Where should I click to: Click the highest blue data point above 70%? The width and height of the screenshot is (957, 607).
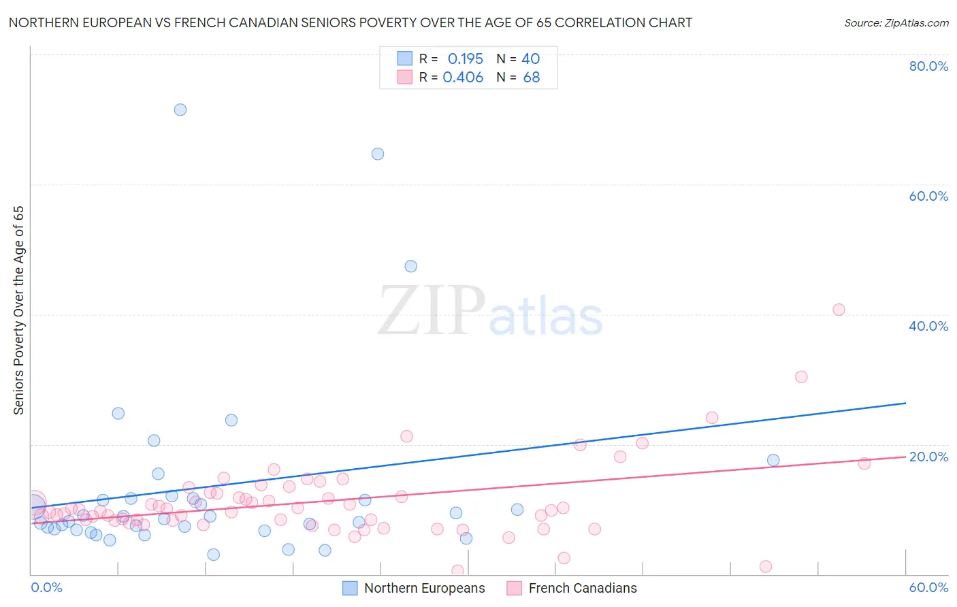(x=180, y=110)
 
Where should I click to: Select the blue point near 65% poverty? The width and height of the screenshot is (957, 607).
(x=378, y=154)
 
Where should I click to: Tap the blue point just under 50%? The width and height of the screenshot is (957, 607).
(x=411, y=266)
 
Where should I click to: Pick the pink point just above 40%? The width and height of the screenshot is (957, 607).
(x=839, y=310)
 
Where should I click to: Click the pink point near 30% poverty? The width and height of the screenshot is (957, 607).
(x=801, y=377)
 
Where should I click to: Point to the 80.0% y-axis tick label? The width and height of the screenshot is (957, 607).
(x=928, y=66)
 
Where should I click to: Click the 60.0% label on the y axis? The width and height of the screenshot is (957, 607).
(x=928, y=196)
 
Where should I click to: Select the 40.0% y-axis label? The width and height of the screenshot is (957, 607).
(x=928, y=326)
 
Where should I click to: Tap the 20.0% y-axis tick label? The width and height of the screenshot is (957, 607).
(x=928, y=457)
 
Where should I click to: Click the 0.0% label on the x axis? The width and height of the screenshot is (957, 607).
(x=46, y=587)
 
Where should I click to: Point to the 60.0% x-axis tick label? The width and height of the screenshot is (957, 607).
(x=928, y=587)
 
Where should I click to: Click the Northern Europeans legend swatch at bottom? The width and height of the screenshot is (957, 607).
(x=350, y=588)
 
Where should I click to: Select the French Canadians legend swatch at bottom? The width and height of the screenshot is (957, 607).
(x=515, y=588)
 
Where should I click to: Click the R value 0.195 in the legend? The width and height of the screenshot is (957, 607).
(x=466, y=59)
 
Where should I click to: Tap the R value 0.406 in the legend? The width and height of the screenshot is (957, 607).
(x=463, y=78)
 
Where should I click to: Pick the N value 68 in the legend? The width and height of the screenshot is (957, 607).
(x=532, y=78)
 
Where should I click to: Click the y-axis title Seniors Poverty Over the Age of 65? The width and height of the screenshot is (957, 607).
(x=18, y=310)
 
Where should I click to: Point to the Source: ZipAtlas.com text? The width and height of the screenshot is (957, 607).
(x=896, y=23)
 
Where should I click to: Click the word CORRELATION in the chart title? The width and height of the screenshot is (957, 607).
(x=597, y=22)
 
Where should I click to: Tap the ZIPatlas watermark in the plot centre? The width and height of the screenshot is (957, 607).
(x=490, y=312)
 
